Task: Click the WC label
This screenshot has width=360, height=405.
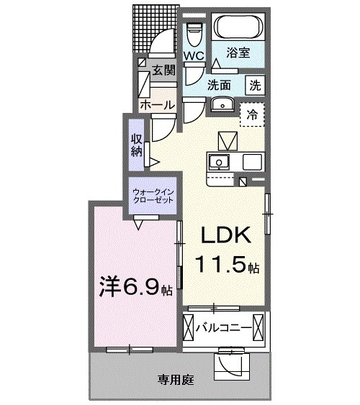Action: (193, 55)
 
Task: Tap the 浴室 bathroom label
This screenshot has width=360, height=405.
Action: (238, 53)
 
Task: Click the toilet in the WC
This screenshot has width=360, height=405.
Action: (193, 32)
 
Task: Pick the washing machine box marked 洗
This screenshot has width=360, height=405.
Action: (255, 83)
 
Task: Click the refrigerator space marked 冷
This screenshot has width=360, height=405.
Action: (252, 113)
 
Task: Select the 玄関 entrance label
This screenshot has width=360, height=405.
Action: (163, 70)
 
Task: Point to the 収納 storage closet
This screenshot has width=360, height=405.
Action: (137, 145)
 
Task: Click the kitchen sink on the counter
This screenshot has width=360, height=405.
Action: (219, 160)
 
